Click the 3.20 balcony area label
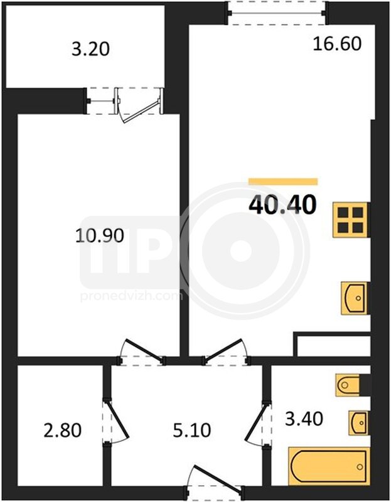pyautogui.click(x=90, y=50)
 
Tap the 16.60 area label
pyautogui.click(x=337, y=44)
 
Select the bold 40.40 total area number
pyautogui.click(x=282, y=205)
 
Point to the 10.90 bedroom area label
pyautogui.click(x=100, y=236)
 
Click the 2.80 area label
pyautogui.click(x=62, y=430)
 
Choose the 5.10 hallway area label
pyautogui.click(x=192, y=430)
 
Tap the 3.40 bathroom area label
pyautogui.click(x=304, y=419)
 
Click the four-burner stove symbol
pyautogui.click(x=351, y=220)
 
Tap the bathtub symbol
pyautogui.click(x=329, y=466)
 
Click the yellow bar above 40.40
pyautogui.click(x=283, y=181)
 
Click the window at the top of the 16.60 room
pyautogui.click(x=277, y=13)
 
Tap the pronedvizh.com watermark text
pyautogui.click(x=131, y=296)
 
